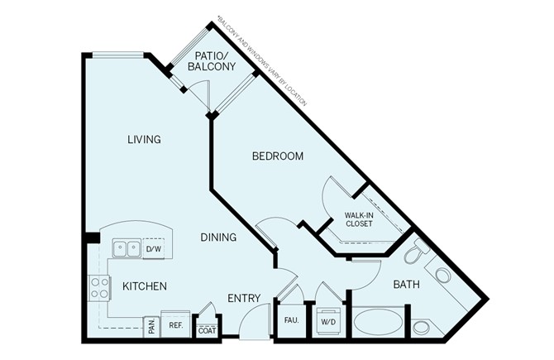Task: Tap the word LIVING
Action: pyautogui.click(x=143, y=139)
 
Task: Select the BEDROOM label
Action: pyautogui.click(x=277, y=156)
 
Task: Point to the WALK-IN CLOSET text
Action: pyautogui.click(x=358, y=218)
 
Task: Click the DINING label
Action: pyautogui.click(x=218, y=238)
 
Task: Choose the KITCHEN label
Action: pyautogui.click(x=145, y=286)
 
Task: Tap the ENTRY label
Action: pyautogui.click(x=243, y=299)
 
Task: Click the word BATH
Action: pyautogui.click(x=406, y=285)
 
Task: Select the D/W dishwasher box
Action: pyautogui.click(x=153, y=247)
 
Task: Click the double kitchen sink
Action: pyautogui.click(x=127, y=247)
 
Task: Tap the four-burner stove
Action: pyautogui.click(x=99, y=287)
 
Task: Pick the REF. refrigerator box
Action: pyautogui.click(x=175, y=325)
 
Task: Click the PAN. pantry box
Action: pyautogui.click(x=151, y=326)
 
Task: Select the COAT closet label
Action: pyautogui.click(x=206, y=329)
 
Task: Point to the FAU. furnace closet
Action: pyautogui.click(x=291, y=319)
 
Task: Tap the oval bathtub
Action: pyautogui.click(x=379, y=321)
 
